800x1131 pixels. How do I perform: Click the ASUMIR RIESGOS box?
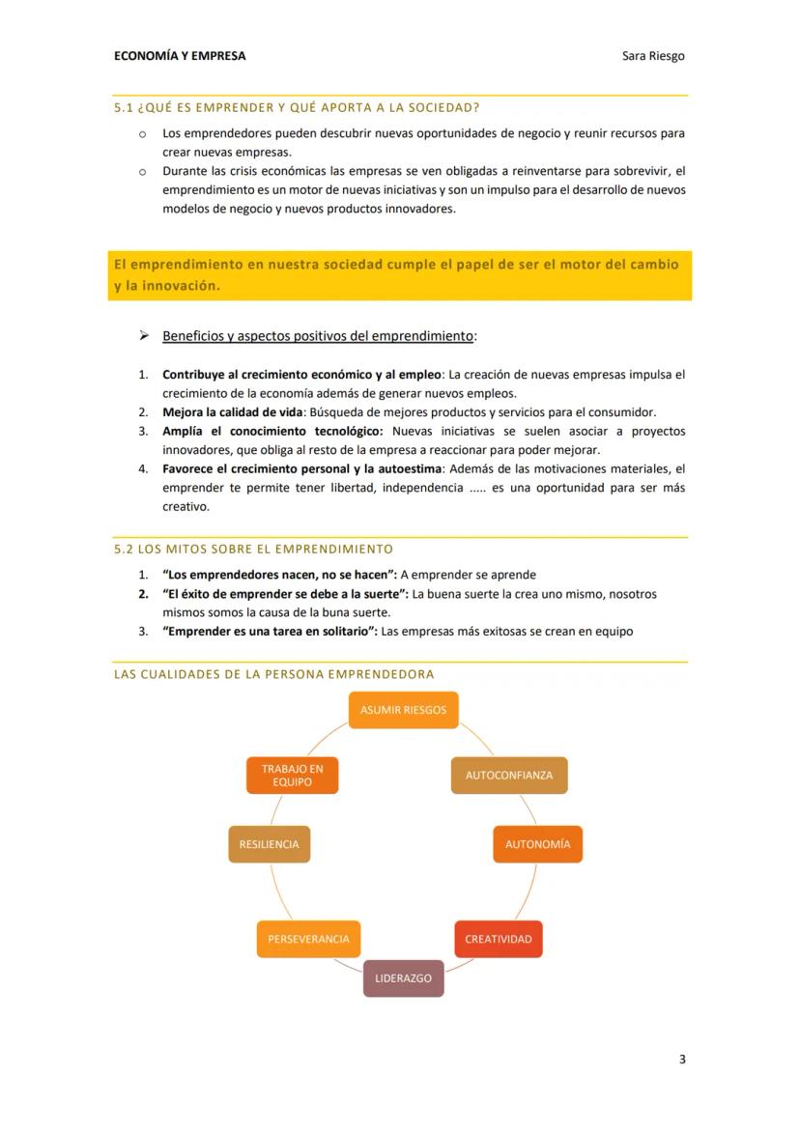[x=403, y=710]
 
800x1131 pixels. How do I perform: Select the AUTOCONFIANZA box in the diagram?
[x=509, y=776]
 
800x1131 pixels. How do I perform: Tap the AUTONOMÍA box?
[x=537, y=844]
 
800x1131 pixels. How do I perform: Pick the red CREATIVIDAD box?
[x=498, y=939]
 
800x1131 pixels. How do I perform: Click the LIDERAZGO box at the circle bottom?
[x=403, y=978]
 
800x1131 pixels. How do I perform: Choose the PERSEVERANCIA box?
[x=308, y=939]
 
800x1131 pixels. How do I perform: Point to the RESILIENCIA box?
[x=269, y=844]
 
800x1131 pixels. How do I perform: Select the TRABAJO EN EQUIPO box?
[x=292, y=776]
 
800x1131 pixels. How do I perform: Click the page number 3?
[x=682, y=1060]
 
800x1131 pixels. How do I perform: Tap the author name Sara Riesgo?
[x=653, y=56]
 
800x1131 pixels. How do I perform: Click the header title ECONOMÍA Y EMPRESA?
[x=180, y=56]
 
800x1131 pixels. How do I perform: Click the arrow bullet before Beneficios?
[x=143, y=335]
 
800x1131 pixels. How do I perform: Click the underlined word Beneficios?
[x=192, y=336]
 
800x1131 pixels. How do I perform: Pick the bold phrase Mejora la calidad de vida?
[x=233, y=411]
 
